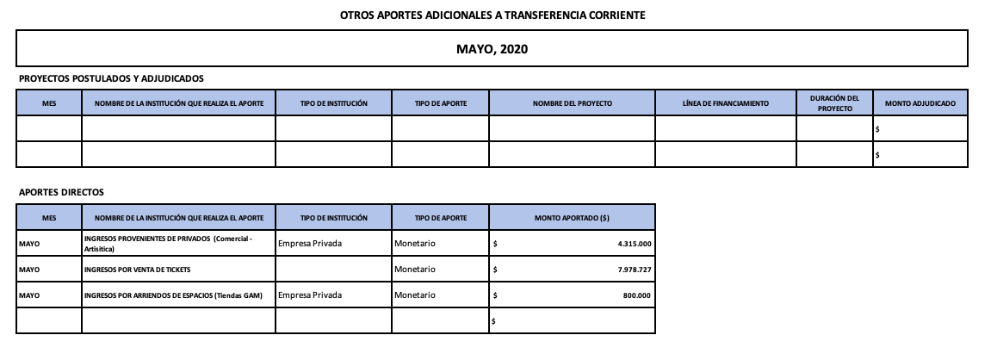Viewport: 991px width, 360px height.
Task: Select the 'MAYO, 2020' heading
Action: coord(492,48)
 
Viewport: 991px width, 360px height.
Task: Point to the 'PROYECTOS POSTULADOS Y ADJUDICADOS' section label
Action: coord(111,78)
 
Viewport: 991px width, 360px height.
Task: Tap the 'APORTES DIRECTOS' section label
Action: coord(61,192)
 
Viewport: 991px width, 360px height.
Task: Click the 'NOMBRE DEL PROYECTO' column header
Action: coord(572,103)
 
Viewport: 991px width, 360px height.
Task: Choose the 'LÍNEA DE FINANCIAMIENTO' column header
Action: coord(725,103)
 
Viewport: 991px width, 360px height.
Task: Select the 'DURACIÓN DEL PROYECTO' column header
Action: coord(834,103)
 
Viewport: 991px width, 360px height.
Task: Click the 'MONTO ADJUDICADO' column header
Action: coord(920,103)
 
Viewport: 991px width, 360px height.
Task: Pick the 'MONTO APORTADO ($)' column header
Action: coord(572,218)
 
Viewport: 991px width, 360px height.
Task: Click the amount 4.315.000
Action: coord(635,244)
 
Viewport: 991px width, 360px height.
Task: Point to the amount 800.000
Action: coord(638,295)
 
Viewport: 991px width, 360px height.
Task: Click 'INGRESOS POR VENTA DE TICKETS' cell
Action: coord(137,270)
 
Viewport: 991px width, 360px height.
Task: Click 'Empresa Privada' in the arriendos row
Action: coord(310,295)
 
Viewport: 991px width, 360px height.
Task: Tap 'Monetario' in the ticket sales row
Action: coord(415,270)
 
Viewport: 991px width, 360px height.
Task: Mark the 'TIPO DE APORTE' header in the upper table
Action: coord(441,103)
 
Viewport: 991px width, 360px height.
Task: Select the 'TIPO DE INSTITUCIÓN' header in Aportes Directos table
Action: coord(334,218)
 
